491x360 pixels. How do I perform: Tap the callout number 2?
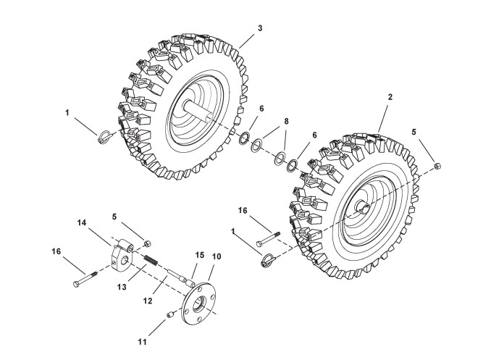tap(390, 97)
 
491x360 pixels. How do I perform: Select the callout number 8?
tap(286, 122)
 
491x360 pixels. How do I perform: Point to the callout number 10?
tap(217, 257)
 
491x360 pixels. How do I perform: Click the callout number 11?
tap(141, 341)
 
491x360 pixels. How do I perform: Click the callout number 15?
tap(201, 254)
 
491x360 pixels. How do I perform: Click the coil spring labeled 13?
tap(151, 259)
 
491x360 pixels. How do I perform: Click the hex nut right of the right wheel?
tap(438, 168)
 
